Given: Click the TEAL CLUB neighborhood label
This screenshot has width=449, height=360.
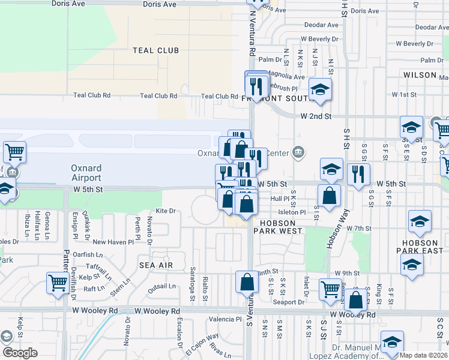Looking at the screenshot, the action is [156, 50].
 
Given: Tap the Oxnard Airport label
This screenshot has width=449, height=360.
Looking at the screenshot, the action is [86, 173].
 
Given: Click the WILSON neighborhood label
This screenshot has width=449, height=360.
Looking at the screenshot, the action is [420, 75].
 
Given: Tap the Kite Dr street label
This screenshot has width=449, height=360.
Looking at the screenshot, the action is [165, 211].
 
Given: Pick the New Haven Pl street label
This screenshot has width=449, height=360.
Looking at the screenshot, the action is [113, 242].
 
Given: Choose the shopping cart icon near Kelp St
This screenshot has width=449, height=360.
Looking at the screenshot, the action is [58, 282].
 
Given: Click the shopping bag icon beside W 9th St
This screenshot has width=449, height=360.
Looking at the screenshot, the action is [247, 281].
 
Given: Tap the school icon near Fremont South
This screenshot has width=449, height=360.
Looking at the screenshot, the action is [321, 90].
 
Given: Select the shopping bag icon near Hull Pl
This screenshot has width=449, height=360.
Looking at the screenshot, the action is [330, 195].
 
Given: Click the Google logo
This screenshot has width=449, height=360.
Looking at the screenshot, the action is [20, 353].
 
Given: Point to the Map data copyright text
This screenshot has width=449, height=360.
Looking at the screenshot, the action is [423, 355].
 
